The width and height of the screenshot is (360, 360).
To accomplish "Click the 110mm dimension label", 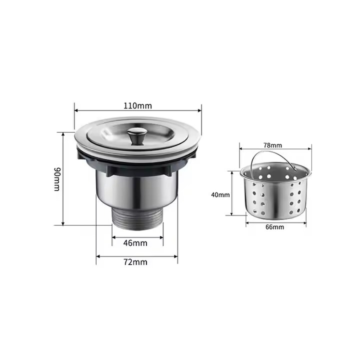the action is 138,106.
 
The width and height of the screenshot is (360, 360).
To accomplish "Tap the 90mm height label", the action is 56,179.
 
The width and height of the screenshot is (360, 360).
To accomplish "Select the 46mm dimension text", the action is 135,243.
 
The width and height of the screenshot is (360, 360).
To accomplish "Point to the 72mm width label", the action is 135,262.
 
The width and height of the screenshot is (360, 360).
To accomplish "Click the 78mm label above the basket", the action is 272,145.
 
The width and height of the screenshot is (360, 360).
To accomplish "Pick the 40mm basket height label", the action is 220,195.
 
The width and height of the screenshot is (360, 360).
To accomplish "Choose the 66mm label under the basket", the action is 274,227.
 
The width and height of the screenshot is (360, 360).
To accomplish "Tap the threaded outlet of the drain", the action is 137,219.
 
